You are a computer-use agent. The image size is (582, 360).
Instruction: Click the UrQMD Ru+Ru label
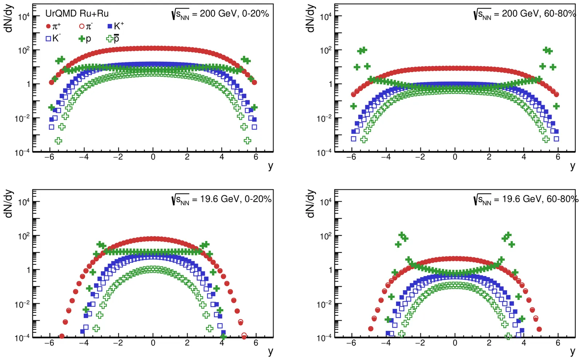pos(77,14)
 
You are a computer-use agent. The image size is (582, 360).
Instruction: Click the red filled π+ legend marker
pos(48,27)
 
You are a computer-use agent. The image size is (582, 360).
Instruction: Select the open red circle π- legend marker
pos(82,27)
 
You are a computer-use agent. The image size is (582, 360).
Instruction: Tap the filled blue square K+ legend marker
pos(110,27)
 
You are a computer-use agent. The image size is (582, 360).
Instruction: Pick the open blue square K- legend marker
pos(48,38)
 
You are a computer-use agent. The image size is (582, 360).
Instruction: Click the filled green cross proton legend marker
pos(82,38)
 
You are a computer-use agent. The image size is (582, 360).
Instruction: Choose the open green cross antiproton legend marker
pos(109,38)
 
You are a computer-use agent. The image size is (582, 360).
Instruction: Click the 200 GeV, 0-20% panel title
pos(220,14)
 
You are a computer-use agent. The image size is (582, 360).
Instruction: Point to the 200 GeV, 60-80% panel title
pos(525,14)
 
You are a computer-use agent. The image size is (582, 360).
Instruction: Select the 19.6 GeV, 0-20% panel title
pos(222,199)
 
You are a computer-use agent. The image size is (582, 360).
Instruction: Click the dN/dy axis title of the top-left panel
pos(9,18)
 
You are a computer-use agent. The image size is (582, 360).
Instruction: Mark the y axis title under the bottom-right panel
pos(573,351)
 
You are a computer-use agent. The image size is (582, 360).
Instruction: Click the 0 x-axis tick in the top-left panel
pos(153,157)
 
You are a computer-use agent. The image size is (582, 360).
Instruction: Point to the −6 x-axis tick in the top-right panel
pos(351,157)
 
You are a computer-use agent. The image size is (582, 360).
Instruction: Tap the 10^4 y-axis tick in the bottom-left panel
pos(24,202)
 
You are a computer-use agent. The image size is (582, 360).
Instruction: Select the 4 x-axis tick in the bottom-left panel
pos(222,343)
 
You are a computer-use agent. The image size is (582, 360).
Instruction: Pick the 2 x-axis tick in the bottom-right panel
pos(489,343)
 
